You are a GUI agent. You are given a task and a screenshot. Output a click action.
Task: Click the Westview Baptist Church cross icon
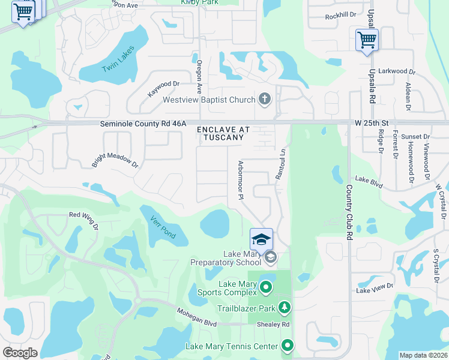pos(264,99)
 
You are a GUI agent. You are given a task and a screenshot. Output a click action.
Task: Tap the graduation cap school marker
pos(261,239)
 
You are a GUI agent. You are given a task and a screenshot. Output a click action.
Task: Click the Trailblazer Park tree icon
pos(285,308)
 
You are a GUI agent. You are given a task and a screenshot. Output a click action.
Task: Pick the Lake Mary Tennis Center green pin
pos(288,346)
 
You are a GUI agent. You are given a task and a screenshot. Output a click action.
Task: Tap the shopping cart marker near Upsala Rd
pos(366,40)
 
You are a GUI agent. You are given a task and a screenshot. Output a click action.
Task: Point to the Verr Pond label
pos(163,227)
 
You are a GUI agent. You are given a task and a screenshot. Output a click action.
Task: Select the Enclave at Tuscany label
pos(222,133)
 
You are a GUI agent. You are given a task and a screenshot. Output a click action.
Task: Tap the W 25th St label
pos(372,124)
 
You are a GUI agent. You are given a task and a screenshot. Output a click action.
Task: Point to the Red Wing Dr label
pos(83,220)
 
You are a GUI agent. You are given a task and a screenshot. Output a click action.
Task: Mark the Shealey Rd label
pos(277,324)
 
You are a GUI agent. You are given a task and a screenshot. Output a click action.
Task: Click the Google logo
pos(20,352)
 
